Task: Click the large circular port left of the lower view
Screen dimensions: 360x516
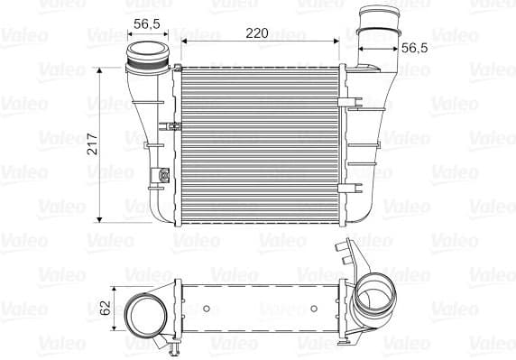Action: pos(144,316)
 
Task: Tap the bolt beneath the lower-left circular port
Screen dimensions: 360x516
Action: pos(169,344)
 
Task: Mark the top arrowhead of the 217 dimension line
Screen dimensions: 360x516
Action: pos(100,70)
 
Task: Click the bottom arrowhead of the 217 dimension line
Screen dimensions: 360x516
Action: pos(100,220)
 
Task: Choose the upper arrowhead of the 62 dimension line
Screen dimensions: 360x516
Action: pos(116,282)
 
